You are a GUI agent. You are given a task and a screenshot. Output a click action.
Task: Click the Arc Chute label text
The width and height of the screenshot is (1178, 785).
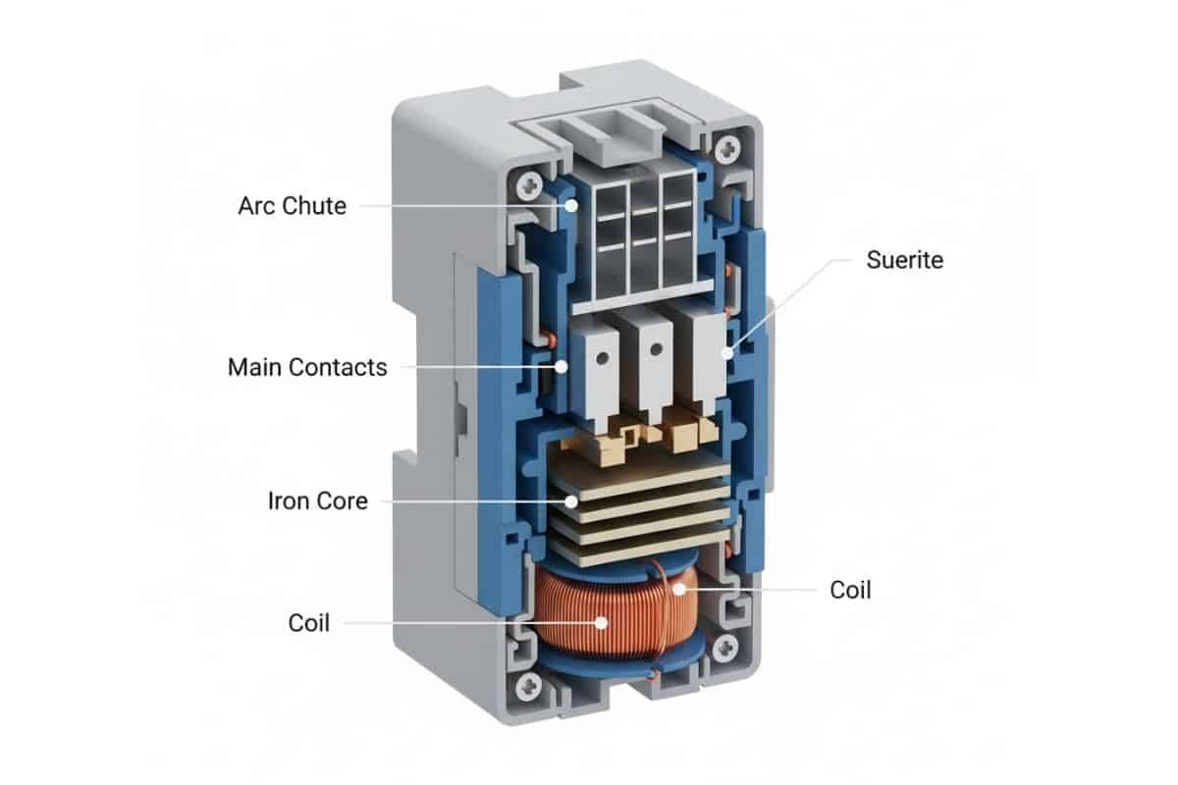click(x=292, y=206)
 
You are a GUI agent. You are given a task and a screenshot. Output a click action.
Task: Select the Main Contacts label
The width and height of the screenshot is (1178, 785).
click(x=307, y=367)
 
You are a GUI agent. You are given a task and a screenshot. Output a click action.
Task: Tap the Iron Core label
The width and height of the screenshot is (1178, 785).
click(x=317, y=500)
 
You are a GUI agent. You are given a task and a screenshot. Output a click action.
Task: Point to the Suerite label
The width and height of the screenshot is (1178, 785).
click(x=904, y=260)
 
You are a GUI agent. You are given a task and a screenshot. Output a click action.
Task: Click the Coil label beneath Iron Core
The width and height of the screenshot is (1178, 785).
click(x=309, y=623)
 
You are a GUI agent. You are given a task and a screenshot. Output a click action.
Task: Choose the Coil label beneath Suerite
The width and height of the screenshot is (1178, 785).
click(x=850, y=590)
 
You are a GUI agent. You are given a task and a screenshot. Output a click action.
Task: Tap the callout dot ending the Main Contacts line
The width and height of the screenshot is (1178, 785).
click(x=562, y=367)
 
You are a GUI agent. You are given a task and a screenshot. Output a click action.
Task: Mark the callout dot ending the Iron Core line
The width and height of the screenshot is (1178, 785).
click(x=571, y=500)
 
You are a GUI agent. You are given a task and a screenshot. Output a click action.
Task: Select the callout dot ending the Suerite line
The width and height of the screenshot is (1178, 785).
click(x=727, y=351)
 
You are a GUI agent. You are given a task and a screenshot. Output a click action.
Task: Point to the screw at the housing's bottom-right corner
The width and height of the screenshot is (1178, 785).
click(x=727, y=646)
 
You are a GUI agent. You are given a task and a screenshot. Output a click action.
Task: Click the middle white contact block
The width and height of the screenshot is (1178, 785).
click(x=651, y=363)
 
